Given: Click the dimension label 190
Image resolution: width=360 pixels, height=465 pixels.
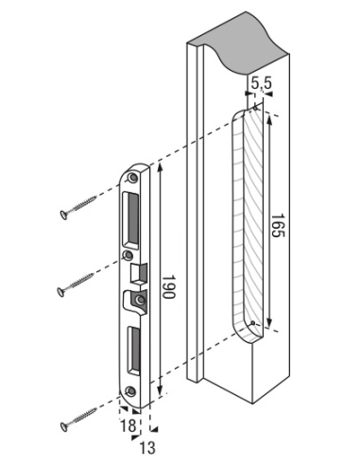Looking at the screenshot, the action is [x=168, y=286].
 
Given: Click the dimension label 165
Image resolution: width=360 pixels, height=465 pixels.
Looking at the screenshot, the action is [x=278, y=226].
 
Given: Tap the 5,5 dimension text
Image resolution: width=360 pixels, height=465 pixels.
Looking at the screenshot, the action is [x=262, y=84].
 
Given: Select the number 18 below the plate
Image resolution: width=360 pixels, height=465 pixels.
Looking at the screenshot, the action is [x=129, y=425].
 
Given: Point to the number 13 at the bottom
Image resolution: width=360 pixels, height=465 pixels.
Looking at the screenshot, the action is [x=147, y=448].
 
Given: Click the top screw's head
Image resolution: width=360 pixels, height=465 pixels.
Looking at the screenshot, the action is [x=64, y=215].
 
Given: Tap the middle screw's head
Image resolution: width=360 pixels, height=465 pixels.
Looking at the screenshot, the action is [x=60, y=292].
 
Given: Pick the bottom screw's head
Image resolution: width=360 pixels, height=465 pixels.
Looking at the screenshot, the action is [x=64, y=427].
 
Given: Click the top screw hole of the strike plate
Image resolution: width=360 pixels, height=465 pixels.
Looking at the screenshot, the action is [x=132, y=178].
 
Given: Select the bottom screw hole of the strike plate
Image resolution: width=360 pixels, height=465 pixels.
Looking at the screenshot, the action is [x=130, y=391].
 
